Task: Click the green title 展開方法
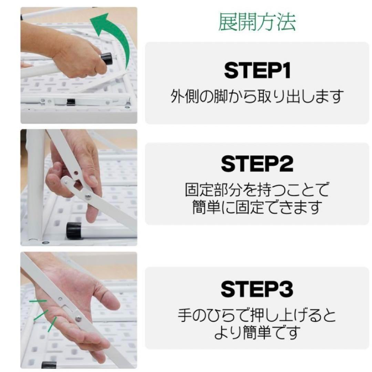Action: coord(257,22)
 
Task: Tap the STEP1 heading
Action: coord(257,71)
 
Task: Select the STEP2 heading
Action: coord(257,164)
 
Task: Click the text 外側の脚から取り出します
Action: coord(257,97)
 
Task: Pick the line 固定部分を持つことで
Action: coord(257,190)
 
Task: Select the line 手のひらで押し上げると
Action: coord(257,315)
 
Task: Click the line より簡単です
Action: coord(257,333)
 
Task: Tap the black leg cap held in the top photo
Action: coord(107,59)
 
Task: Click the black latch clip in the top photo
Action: coord(71,102)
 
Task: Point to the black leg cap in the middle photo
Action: coord(74,230)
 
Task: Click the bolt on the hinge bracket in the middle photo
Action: coord(88,196)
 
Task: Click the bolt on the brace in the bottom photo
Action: coord(79,318)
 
